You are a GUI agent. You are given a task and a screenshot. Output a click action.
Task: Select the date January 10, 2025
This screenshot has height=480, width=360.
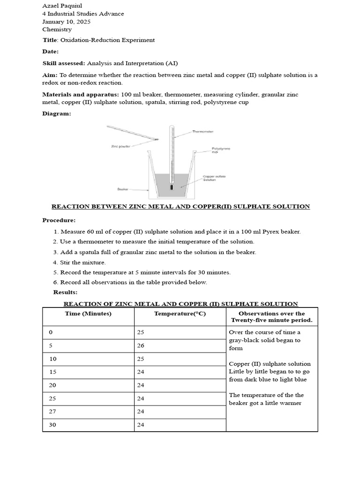point(66,22)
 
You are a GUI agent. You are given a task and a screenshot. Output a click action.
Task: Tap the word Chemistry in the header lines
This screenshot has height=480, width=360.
point(57,29)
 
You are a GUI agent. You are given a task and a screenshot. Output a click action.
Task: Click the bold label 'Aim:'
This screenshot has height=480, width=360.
point(50,75)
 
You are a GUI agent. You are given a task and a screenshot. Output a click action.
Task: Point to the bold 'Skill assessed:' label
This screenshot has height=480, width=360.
point(64,63)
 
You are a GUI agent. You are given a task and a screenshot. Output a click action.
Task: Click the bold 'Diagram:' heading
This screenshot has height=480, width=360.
point(57,113)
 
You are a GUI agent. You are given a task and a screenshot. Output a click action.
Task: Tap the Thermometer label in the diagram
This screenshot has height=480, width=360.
point(202,132)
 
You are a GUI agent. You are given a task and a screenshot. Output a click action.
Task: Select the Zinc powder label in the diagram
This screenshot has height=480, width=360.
point(120,146)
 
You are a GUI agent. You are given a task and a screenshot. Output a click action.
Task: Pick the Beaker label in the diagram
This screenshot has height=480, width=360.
point(123,189)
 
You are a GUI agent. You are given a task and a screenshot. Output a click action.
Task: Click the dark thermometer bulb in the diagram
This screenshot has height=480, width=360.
point(172,186)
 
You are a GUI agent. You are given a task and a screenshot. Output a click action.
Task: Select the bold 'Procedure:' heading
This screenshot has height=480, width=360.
point(59,220)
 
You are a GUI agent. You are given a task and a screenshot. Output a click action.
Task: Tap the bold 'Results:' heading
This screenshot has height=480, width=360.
point(65,292)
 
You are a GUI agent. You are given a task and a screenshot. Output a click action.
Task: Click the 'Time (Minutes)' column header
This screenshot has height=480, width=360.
point(88,314)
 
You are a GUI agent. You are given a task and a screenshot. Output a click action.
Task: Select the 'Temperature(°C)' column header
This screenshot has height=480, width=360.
point(180,314)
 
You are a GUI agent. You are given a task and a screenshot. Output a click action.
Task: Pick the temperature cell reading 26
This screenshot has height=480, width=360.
point(141,345)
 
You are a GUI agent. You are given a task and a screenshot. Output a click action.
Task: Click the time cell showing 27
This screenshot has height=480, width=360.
point(52,412)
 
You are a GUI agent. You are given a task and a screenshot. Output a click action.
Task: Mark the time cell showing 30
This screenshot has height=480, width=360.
point(52,425)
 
